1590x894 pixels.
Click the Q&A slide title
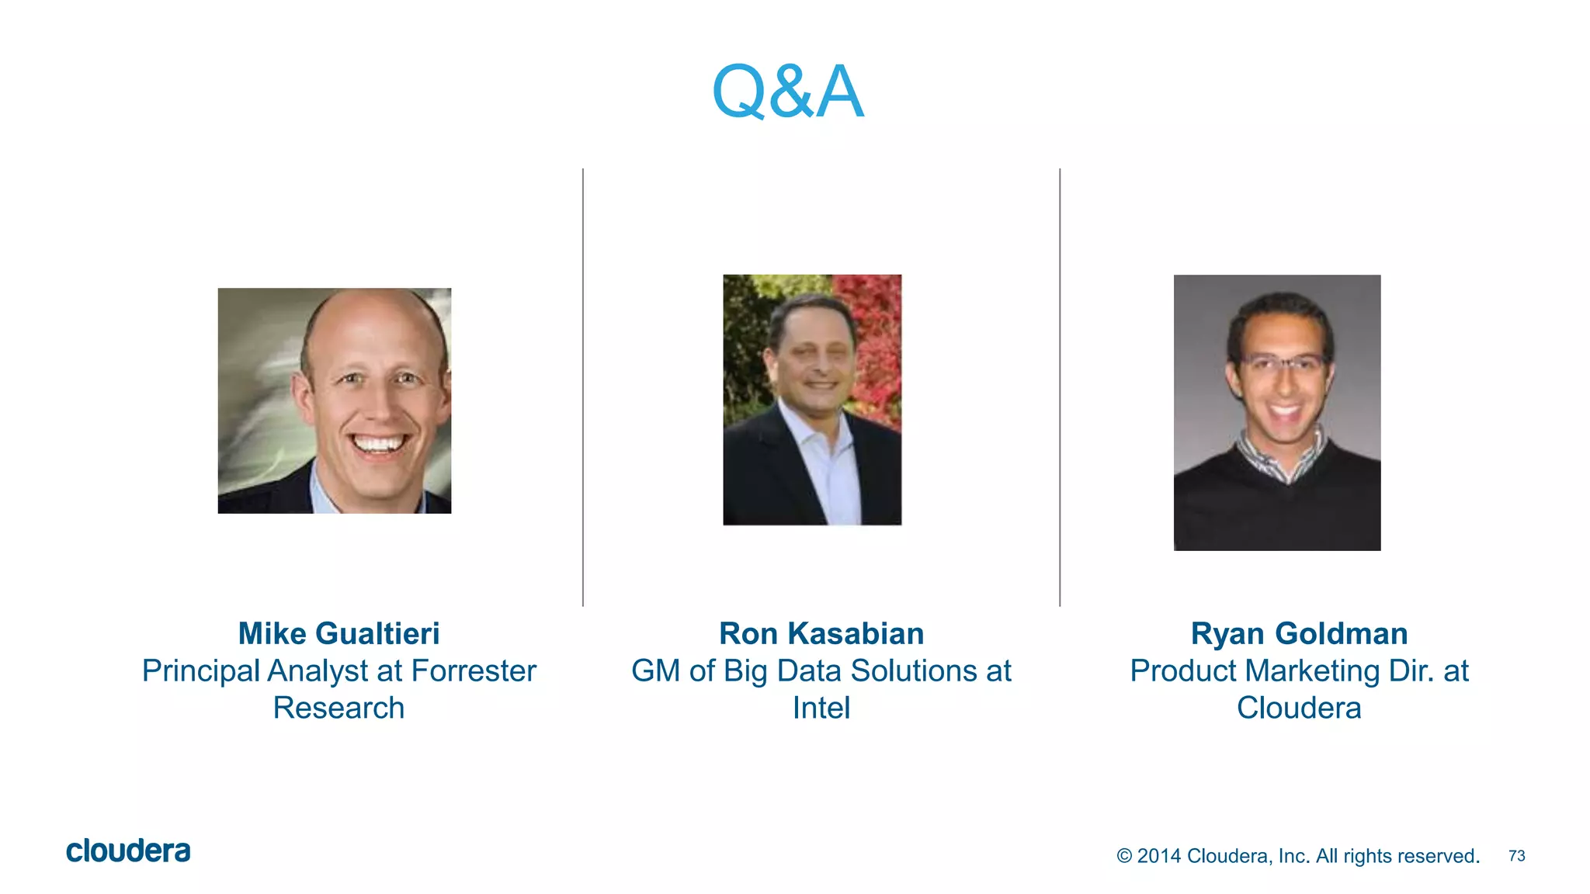787,92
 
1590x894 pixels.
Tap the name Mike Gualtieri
338,634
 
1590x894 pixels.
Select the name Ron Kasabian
821,634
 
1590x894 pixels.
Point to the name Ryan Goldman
1299,634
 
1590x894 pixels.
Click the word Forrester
474,671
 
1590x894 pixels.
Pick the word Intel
821,709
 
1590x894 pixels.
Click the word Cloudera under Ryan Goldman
1299,709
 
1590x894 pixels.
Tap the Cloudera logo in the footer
128,851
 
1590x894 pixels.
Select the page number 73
1516,856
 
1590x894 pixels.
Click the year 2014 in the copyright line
1158,856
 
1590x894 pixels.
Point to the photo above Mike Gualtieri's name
335,400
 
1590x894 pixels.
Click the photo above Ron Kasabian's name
812,400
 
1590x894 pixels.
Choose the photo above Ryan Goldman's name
1277,413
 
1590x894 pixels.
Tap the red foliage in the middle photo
877,334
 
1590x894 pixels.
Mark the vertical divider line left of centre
583,388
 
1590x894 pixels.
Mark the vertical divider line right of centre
1060,388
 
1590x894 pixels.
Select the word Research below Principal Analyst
338,709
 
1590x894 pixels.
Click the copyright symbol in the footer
1124,856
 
